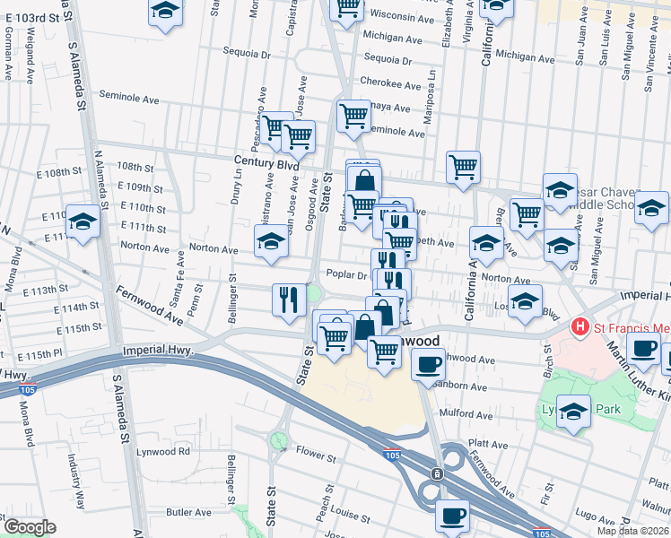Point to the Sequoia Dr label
[388, 61]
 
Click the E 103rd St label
[39, 17]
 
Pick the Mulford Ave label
[466, 415]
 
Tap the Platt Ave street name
[488, 443]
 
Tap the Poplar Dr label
[343, 275]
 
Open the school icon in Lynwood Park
[573, 412]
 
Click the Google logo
[30, 527]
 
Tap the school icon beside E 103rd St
[165, 11]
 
